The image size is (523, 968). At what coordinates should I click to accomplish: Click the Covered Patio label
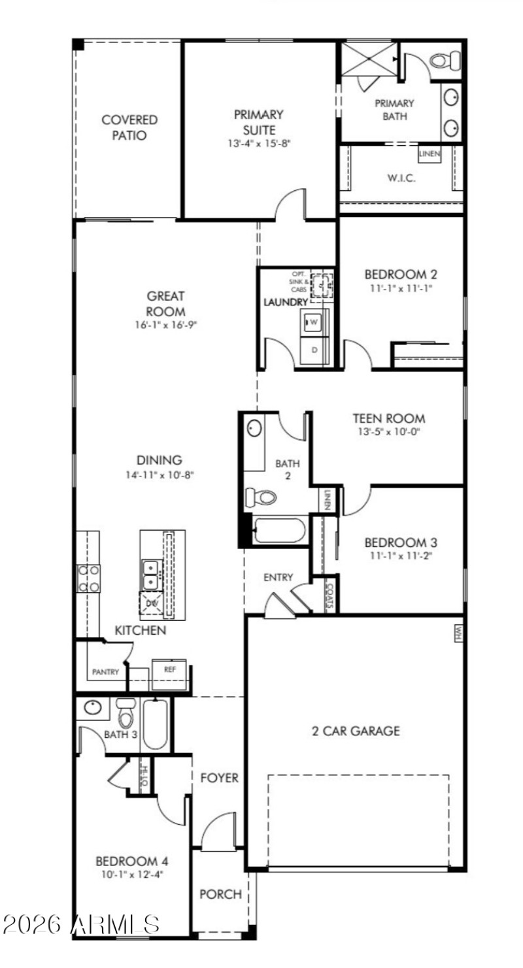pyautogui.click(x=129, y=127)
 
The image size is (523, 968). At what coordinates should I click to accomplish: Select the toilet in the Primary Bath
pyautogui.click(x=446, y=61)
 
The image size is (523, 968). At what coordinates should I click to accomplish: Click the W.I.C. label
pyautogui.click(x=401, y=177)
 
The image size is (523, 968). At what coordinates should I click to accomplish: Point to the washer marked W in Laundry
pyautogui.click(x=313, y=322)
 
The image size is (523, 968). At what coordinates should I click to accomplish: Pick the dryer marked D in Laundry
pyautogui.click(x=314, y=350)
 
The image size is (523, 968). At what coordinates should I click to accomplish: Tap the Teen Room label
pyautogui.click(x=388, y=418)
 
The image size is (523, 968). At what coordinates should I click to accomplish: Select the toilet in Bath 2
pyautogui.click(x=261, y=497)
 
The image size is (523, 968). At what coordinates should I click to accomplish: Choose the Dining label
pyautogui.click(x=160, y=459)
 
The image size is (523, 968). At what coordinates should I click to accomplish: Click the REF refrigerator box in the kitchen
pyautogui.click(x=169, y=669)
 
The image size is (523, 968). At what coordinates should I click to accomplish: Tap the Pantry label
pyautogui.click(x=105, y=671)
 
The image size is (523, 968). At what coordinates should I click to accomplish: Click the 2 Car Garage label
pyautogui.click(x=356, y=731)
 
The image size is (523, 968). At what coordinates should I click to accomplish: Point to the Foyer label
pyautogui.click(x=219, y=778)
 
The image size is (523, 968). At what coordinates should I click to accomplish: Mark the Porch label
pyautogui.click(x=220, y=893)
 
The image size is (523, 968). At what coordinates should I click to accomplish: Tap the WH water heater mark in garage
pyautogui.click(x=458, y=633)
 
